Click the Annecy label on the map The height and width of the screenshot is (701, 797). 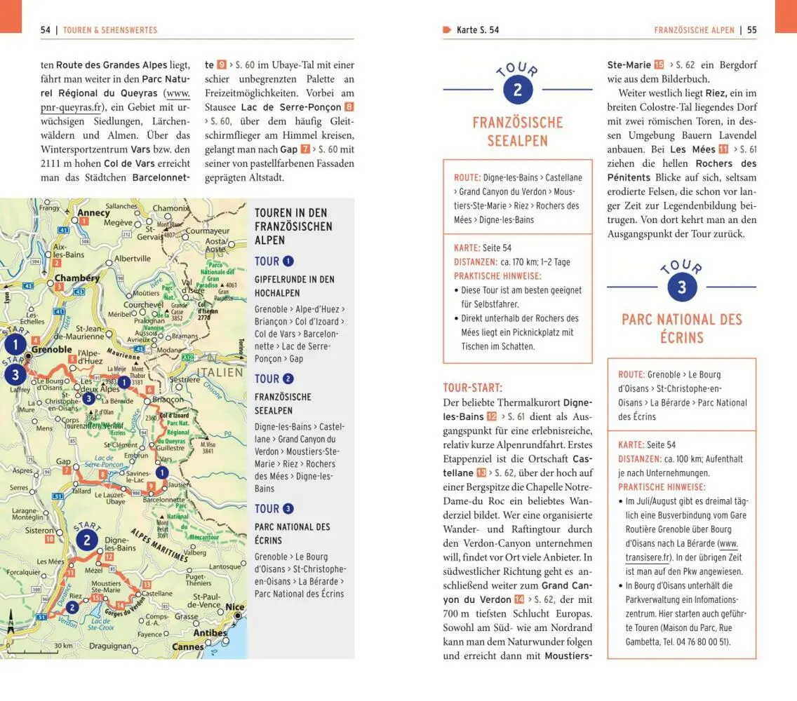click(x=93, y=212)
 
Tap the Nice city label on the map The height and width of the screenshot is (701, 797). click(x=235, y=606)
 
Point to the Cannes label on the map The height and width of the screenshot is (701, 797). click(x=187, y=647)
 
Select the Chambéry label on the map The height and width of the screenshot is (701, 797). click(x=76, y=278)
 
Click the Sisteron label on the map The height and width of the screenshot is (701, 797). click(x=40, y=531)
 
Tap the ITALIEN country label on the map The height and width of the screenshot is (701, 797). click(x=220, y=372)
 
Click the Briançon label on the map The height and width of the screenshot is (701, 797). click(x=168, y=399)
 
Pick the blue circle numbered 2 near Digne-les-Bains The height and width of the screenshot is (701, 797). click(x=86, y=540)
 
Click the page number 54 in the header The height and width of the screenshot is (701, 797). click(x=46, y=30)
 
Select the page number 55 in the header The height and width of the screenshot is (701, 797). click(x=751, y=30)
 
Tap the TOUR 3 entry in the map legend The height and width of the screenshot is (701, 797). click(x=274, y=508)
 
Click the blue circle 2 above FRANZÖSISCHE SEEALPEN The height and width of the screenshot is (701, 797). click(x=518, y=90)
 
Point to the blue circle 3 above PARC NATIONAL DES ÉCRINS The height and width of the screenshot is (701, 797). click(x=681, y=287)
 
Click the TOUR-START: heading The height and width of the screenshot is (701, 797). click(x=473, y=388)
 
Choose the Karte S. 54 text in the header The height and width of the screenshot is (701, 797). click(x=478, y=30)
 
